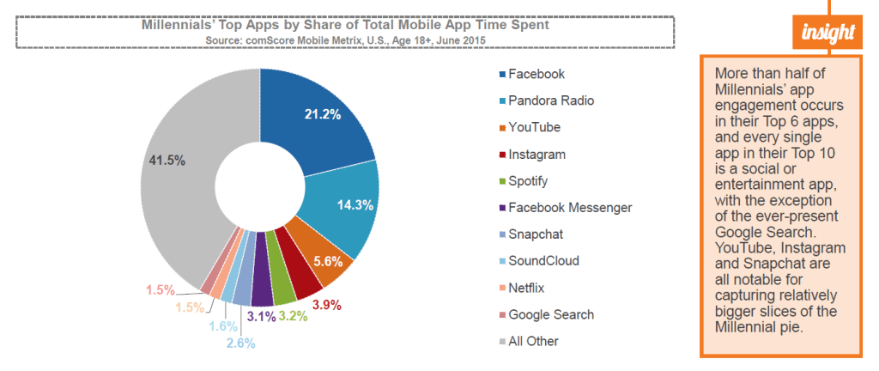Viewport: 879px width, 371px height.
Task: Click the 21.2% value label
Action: click(322, 114)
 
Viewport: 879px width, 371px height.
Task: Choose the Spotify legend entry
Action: click(529, 181)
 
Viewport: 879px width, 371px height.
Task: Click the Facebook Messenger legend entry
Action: click(569, 208)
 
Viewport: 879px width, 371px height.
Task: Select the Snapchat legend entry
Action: click(536, 234)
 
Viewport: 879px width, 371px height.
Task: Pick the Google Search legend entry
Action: click(550, 314)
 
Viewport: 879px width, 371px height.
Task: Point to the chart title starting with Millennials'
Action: click(344, 26)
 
